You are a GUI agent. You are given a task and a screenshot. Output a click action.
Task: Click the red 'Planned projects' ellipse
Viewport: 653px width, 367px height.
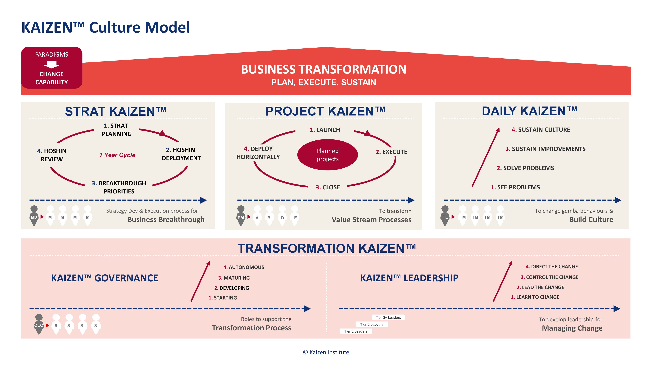click(327, 155)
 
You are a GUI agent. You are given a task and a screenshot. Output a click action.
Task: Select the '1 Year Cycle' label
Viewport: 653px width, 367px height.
click(117, 155)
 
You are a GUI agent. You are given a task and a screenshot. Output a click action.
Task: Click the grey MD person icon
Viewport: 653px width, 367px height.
click(34, 216)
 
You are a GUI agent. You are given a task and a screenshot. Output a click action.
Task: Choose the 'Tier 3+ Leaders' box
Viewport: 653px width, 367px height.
click(388, 317)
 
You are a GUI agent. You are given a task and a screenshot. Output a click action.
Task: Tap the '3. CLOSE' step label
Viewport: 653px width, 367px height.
click(327, 187)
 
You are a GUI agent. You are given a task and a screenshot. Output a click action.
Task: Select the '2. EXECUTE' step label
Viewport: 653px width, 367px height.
click(391, 152)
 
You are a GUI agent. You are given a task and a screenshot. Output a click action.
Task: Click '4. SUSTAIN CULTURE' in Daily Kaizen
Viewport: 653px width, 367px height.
click(541, 130)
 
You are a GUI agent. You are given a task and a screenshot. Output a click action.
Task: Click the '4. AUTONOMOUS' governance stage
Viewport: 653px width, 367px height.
click(243, 267)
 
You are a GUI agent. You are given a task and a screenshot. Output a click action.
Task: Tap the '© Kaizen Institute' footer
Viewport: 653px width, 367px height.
click(326, 352)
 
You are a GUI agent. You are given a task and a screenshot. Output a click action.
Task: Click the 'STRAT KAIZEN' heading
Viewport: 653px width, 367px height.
click(116, 111)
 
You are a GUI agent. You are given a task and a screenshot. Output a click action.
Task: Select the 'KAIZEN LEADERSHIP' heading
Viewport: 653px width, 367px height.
click(409, 278)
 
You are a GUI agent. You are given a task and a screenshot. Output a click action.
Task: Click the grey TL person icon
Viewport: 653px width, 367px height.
click(445, 216)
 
